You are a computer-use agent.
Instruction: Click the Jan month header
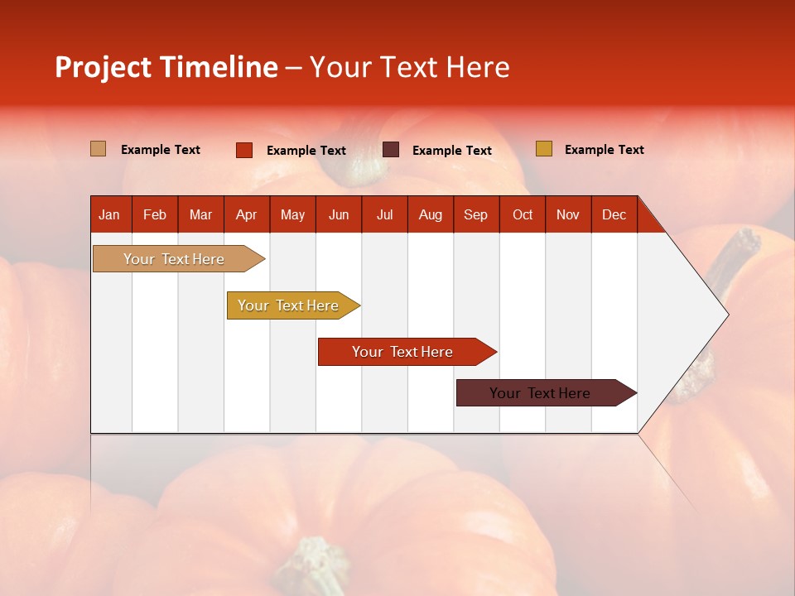[110, 214]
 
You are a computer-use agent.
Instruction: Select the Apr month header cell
[247, 214]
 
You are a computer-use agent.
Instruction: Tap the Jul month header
[384, 214]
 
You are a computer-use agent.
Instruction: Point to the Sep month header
[476, 214]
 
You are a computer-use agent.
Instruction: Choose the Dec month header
[614, 214]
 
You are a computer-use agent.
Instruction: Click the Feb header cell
[155, 214]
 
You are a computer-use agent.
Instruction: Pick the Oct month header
[523, 214]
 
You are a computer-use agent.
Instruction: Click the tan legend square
[99, 149]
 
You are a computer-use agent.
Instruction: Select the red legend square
[244, 150]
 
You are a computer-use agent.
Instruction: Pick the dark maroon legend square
[391, 150]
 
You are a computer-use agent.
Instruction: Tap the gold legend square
[543, 149]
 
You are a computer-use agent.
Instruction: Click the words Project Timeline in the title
[166, 67]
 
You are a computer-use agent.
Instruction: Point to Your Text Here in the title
[410, 67]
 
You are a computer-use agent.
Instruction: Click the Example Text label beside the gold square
[604, 150]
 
